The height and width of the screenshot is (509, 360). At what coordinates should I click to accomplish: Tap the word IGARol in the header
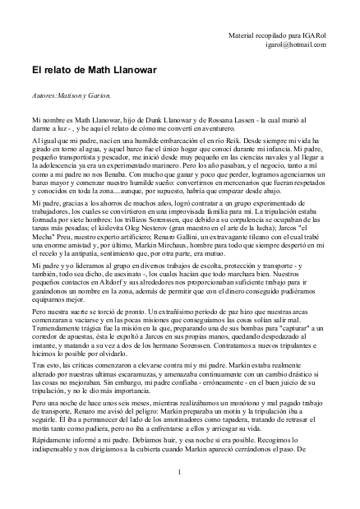tap(312, 36)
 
